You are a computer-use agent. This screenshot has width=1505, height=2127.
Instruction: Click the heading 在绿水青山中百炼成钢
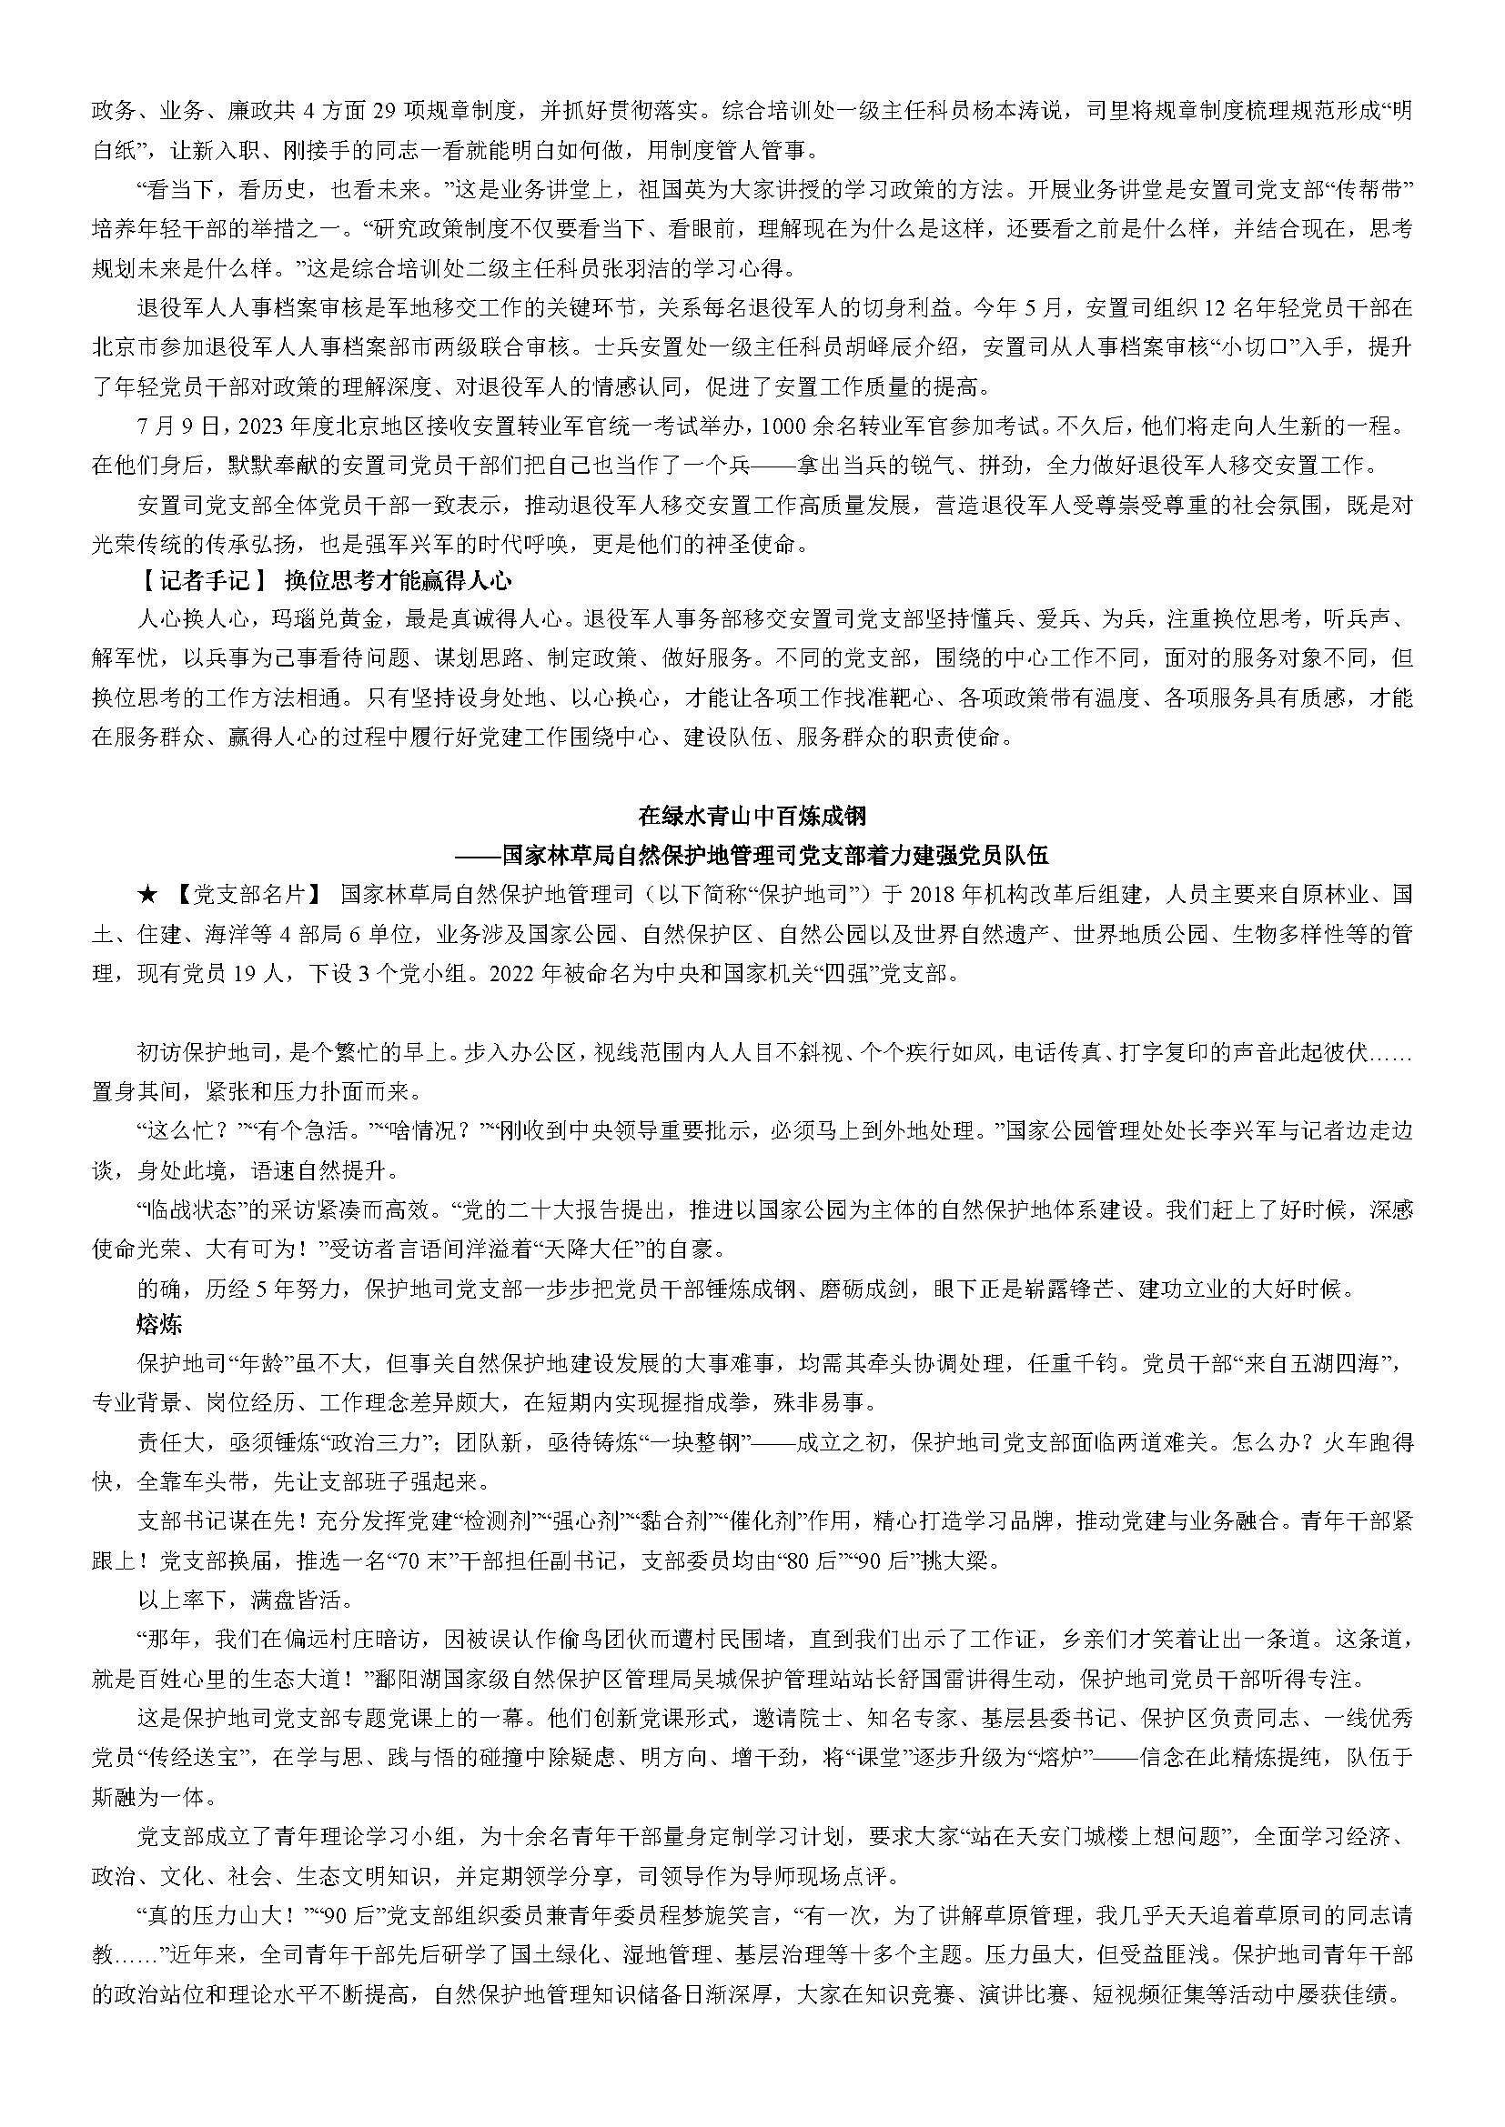click(x=752, y=815)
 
